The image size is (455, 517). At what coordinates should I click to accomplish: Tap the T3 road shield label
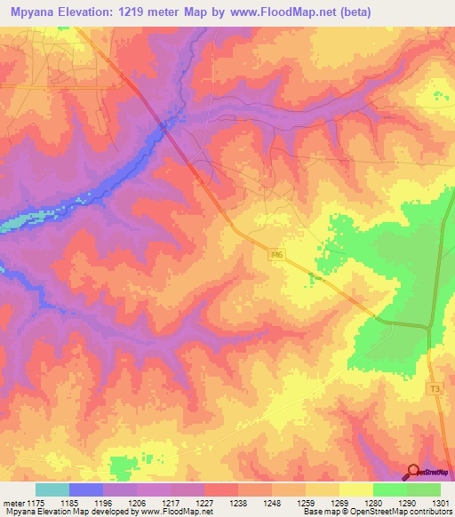[x=435, y=390]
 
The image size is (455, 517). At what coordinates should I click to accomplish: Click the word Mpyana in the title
[x=34, y=12]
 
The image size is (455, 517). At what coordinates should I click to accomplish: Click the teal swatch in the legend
[x=52, y=489]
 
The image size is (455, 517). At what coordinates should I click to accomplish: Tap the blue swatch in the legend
[x=85, y=489]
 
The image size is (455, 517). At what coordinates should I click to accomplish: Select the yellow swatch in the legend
[x=355, y=489]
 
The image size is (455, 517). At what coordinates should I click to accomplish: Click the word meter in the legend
[x=15, y=504]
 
